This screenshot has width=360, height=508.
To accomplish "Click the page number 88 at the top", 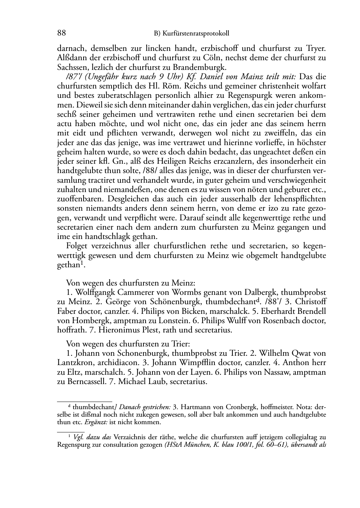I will (x=61, y=33).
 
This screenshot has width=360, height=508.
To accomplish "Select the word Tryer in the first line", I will (x=316, y=48).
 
